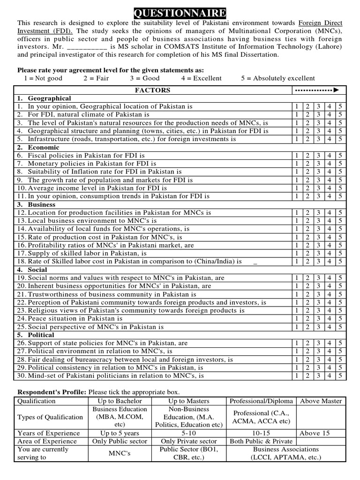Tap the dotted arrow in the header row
(318, 90)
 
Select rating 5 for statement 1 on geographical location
(340, 106)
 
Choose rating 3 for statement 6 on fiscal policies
(318, 156)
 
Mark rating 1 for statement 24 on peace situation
(296, 318)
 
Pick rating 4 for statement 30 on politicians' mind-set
(330, 375)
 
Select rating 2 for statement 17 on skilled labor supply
(307, 253)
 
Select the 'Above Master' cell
(321, 401)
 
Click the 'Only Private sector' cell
(189, 441)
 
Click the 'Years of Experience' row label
(48, 433)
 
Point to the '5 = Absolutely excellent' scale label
(278, 78)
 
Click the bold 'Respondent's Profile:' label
(52, 392)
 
